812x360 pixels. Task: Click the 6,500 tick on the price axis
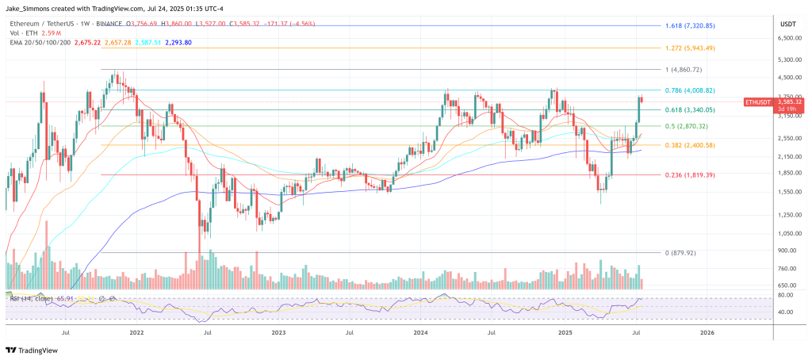click(x=787, y=38)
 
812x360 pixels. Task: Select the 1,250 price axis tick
click(x=787, y=215)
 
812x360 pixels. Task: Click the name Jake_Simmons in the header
click(x=27, y=7)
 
